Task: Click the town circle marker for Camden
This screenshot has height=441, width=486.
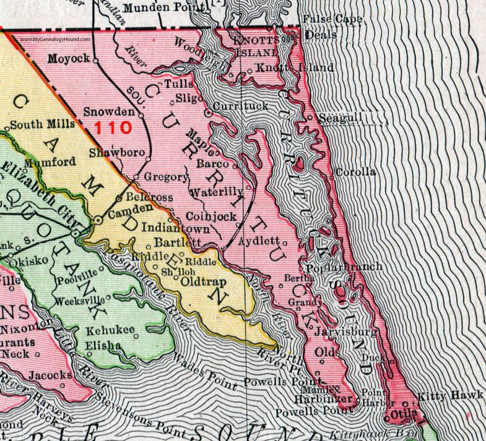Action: point(98,220)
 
